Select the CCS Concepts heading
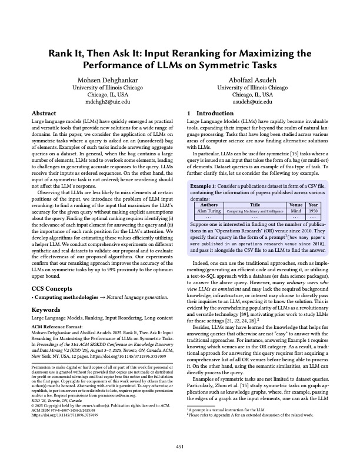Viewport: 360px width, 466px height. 54,272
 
